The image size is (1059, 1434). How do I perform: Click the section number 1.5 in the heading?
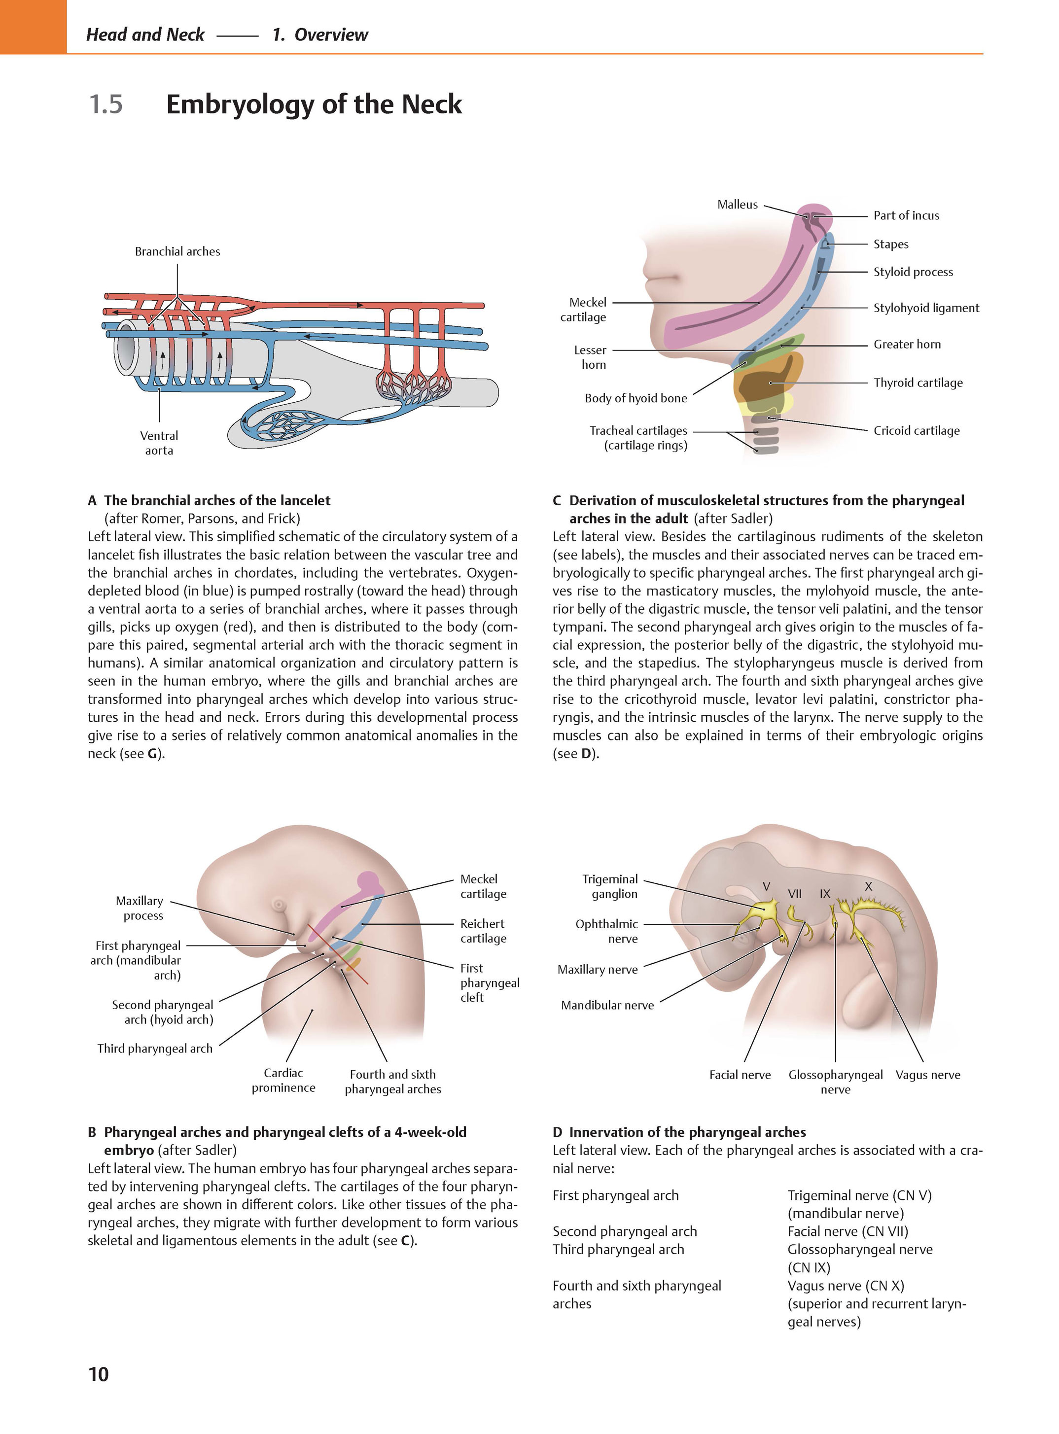pyautogui.click(x=106, y=105)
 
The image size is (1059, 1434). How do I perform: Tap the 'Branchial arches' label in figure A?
pyautogui.click(x=177, y=251)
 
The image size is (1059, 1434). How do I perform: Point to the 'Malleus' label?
pyautogui.click(x=737, y=205)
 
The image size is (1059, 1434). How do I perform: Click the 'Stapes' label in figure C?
pyautogui.click(x=890, y=244)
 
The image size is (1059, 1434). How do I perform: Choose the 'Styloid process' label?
pyautogui.click(x=913, y=272)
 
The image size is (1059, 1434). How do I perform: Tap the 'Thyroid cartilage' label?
pyautogui.click(x=918, y=383)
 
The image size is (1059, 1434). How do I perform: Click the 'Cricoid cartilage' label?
pyautogui.click(x=917, y=431)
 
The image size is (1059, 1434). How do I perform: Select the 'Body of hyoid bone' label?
pyautogui.click(x=635, y=398)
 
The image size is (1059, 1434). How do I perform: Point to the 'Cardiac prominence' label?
pyautogui.click(x=283, y=1080)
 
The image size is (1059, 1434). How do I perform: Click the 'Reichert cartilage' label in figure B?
pyautogui.click(x=483, y=931)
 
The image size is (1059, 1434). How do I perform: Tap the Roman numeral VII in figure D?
pyautogui.click(x=795, y=894)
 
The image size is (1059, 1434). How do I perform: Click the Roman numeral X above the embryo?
pyautogui.click(x=869, y=886)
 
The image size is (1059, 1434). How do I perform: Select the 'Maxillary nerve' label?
pyautogui.click(x=598, y=969)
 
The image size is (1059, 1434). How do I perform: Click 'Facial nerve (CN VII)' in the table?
pyautogui.click(x=847, y=1231)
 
